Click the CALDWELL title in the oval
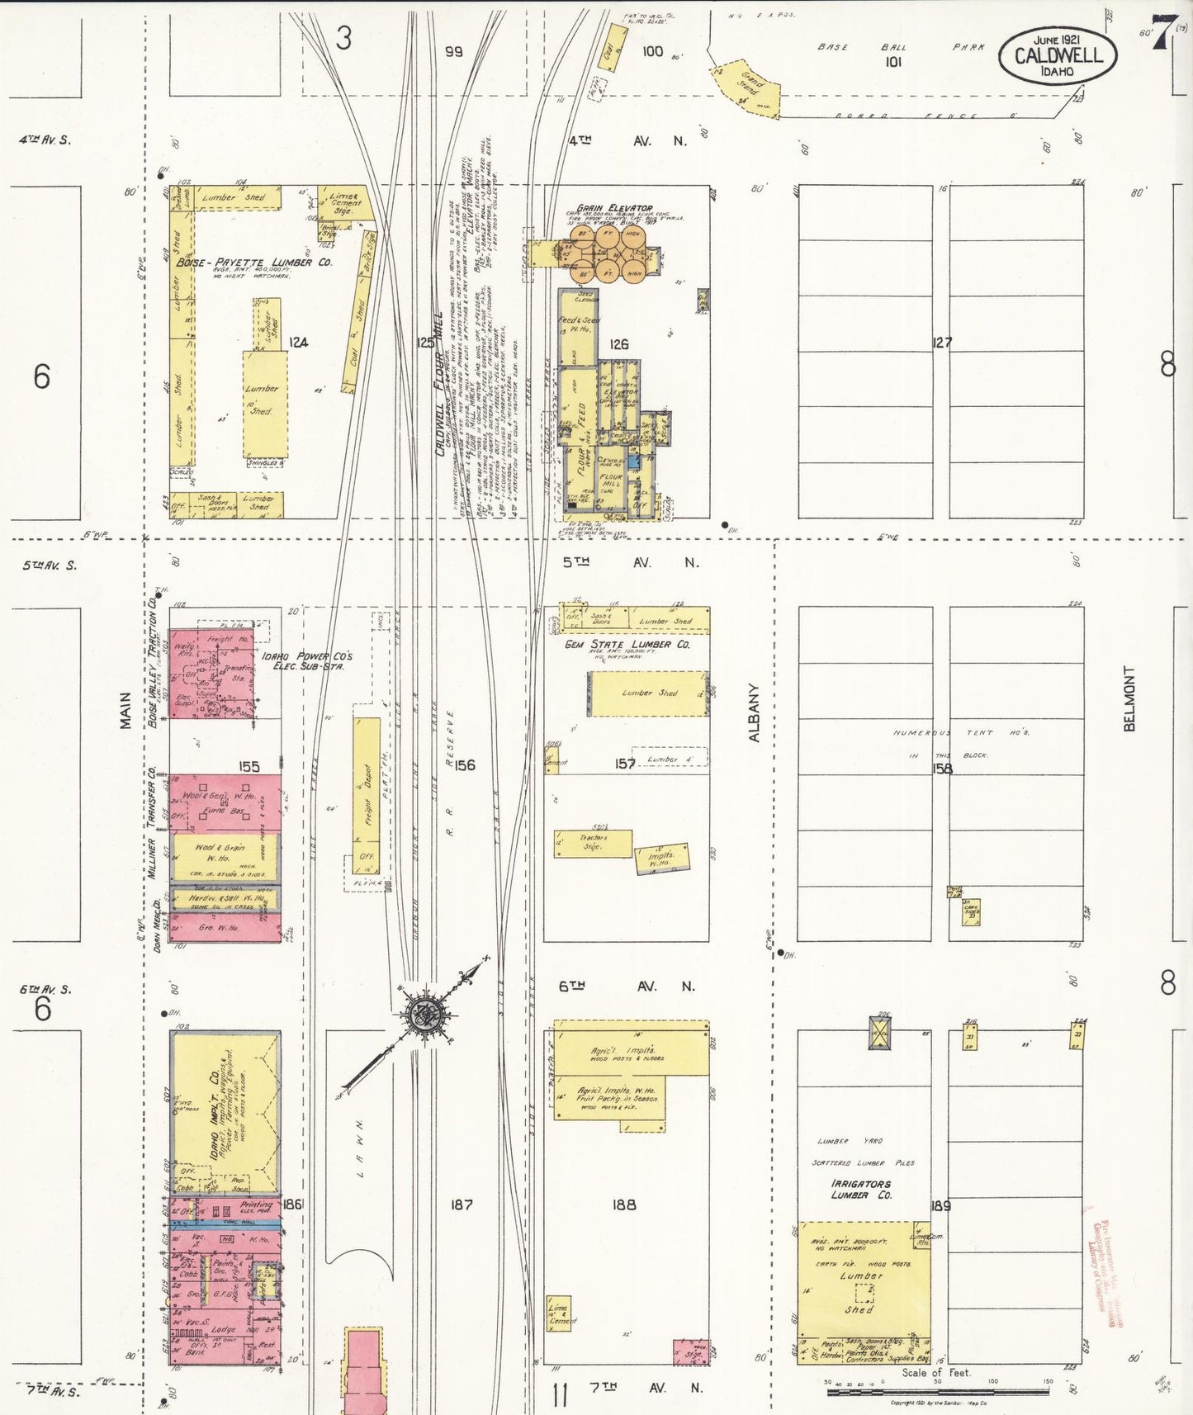coord(1058,55)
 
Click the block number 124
coord(298,342)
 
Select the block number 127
coord(941,342)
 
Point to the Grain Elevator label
coord(614,208)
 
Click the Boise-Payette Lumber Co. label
coord(253,263)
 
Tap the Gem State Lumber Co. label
coord(627,644)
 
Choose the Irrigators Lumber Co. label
coord(861,1189)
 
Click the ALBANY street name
coord(754,712)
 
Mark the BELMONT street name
coord(1129,698)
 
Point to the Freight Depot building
coord(367,793)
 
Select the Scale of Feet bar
coord(937,1392)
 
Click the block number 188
coord(624,1204)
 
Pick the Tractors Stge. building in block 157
coord(593,843)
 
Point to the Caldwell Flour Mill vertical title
coord(439,383)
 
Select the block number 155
coord(249,766)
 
